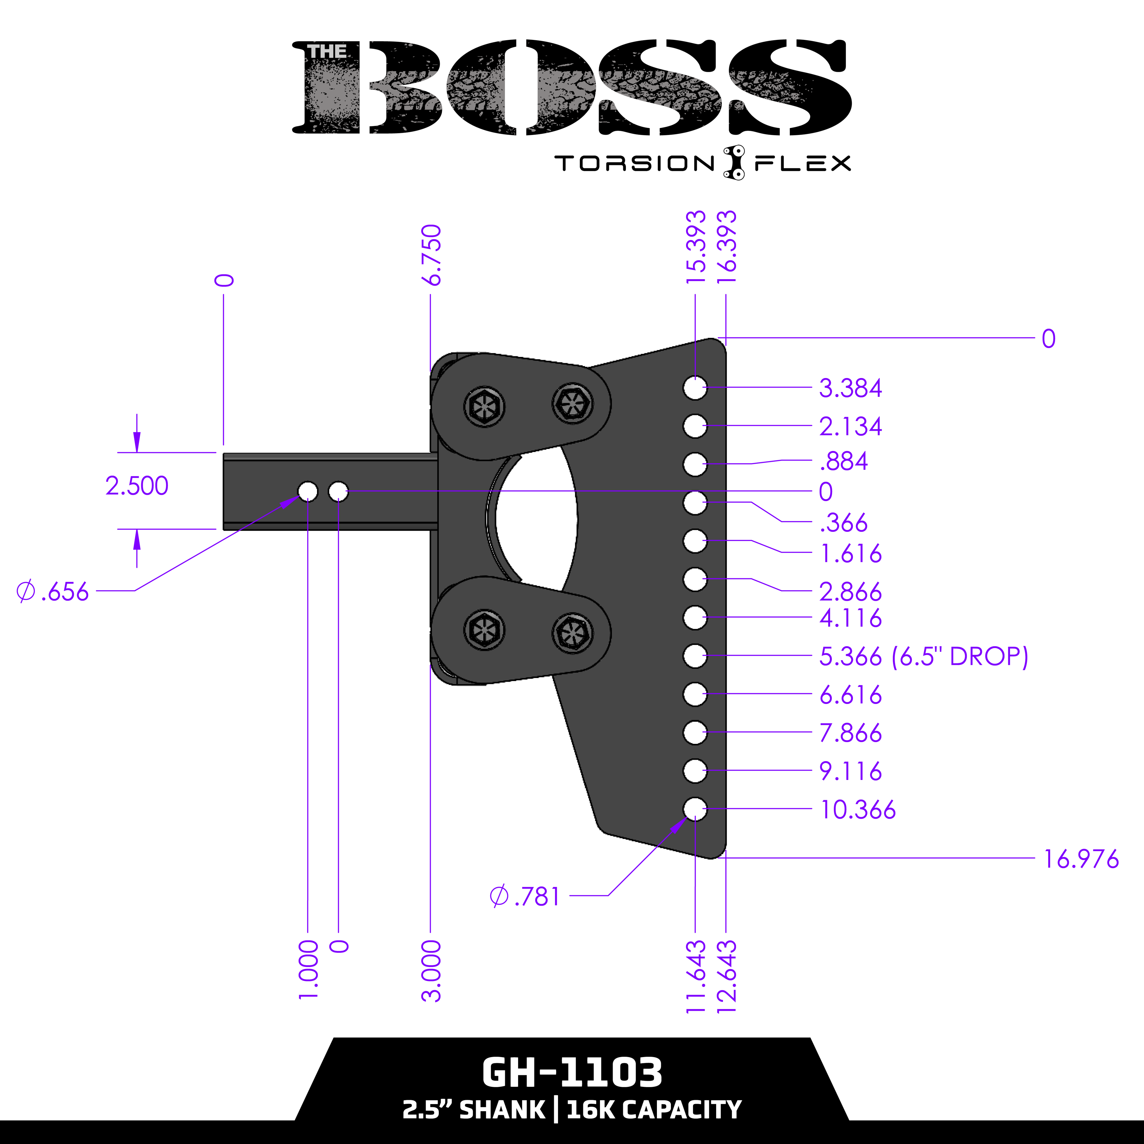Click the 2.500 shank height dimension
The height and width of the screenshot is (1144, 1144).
click(137, 486)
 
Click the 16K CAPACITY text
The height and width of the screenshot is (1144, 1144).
click(654, 1110)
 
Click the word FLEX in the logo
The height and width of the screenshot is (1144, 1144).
click(802, 164)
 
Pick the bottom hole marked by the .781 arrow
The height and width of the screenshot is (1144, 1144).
click(694, 809)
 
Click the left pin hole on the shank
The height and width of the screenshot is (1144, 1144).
click(307, 492)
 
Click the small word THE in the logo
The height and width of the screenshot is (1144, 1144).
click(327, 52)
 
